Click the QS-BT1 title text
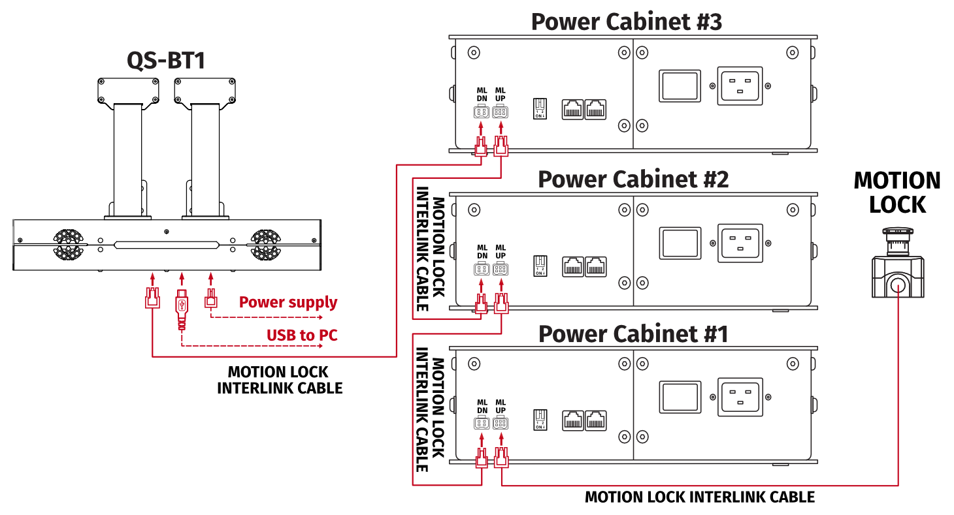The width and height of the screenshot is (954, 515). [x=166, y=61]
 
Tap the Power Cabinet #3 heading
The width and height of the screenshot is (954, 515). [x=626, y=22]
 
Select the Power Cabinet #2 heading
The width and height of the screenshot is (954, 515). [x=633, y=179]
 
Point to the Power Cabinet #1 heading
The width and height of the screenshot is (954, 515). [x=633, y=334]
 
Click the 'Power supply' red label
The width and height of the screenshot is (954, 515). [x=288, y=302]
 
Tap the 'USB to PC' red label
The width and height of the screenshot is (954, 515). [x=302, y=336]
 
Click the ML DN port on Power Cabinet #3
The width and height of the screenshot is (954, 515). [x=482, y=112]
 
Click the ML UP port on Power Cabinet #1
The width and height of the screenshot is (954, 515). [x=501, y=423]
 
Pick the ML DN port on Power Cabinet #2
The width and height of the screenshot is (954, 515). [x=482, y=269]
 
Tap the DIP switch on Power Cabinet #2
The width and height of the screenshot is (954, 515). [x=540, y=264]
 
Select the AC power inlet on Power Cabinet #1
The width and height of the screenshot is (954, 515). [x=740, y=397]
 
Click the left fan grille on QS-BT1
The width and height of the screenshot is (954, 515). [x=67, y=243]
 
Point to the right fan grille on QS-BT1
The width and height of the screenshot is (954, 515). [x=266, y=243]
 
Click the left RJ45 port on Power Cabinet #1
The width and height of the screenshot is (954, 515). [x=573, y=420]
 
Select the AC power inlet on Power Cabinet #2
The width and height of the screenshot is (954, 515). [x=740, y=243]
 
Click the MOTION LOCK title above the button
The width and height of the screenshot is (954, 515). [x=897, y=193]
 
